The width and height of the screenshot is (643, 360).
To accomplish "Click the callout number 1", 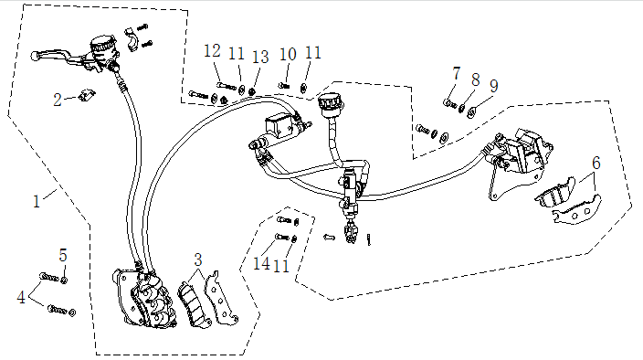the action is click(37, 201).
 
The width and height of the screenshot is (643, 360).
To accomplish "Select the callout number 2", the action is click(58, 100).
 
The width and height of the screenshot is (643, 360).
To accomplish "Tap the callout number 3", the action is click(198, 259).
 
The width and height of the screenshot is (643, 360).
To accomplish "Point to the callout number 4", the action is click(21, 297).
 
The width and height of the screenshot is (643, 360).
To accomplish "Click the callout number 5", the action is click(63, 255).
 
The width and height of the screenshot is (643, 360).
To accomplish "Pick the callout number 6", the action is click(596, 163).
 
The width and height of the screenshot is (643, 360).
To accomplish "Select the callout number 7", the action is click(457, 73).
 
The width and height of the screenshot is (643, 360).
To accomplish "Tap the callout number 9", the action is click(494, 86).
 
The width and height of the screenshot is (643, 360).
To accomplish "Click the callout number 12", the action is click(213, 51).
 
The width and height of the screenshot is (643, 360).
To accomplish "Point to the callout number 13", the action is click(260, 57).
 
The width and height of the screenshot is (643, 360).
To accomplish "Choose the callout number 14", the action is click(261, 263).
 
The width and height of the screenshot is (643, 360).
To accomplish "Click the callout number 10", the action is click(288, 54).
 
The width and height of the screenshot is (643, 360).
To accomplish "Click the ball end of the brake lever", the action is click(35, 56).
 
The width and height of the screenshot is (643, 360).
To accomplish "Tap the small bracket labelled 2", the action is click(87, 95).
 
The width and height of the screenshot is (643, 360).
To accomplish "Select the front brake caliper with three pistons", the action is click(144, 298).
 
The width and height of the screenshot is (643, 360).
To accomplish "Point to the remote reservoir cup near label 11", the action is click(330, 102).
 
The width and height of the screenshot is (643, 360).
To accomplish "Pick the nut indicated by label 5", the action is click(64, 280).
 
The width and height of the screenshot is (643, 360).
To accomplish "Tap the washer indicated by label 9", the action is click(471, 112).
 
